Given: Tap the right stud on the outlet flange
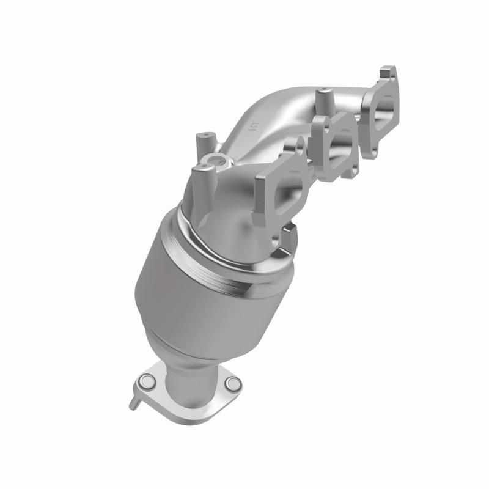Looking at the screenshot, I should [232, 383].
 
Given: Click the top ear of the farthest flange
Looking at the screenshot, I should [388, 75].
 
